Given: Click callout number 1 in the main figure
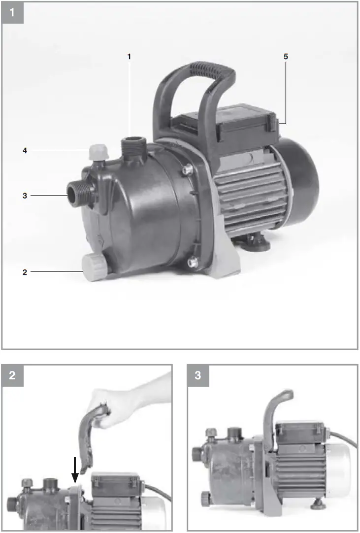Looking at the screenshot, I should click(129, 57).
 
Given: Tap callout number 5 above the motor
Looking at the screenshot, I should click(286, 57).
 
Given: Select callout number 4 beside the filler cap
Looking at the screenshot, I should click(24, 151).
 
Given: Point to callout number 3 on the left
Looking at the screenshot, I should click(24, 196).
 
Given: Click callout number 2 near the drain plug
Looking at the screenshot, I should click(24, 271).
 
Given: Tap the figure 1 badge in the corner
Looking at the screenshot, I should click(12, 12).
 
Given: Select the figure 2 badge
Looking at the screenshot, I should click(12, 375).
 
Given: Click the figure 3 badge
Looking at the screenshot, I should click(198, 375).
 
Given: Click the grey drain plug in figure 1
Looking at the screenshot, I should click(93, 267).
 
